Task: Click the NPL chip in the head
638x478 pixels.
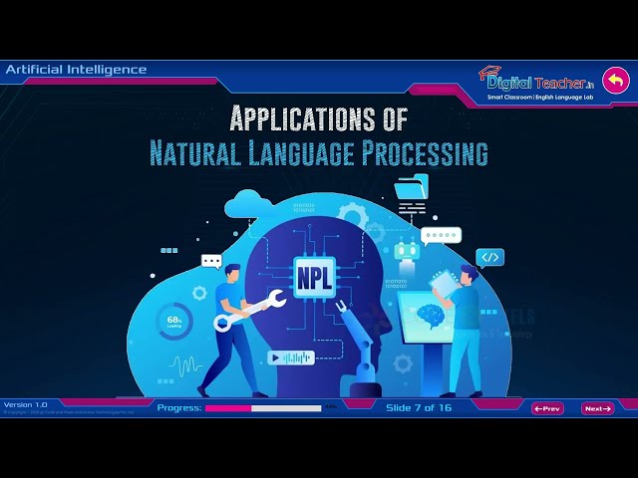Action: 307,272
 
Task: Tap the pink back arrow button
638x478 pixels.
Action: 617,81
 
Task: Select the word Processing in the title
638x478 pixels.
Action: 432,153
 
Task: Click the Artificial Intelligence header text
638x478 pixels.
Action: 76,70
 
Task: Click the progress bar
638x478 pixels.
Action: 263,408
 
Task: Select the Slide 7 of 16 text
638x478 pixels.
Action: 419,408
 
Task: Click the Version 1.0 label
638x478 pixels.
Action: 26,404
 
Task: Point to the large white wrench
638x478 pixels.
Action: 249,308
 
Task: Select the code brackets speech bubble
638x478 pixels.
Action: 489,257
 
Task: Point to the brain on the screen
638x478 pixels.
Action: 431,316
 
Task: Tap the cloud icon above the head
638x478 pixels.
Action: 246,205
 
